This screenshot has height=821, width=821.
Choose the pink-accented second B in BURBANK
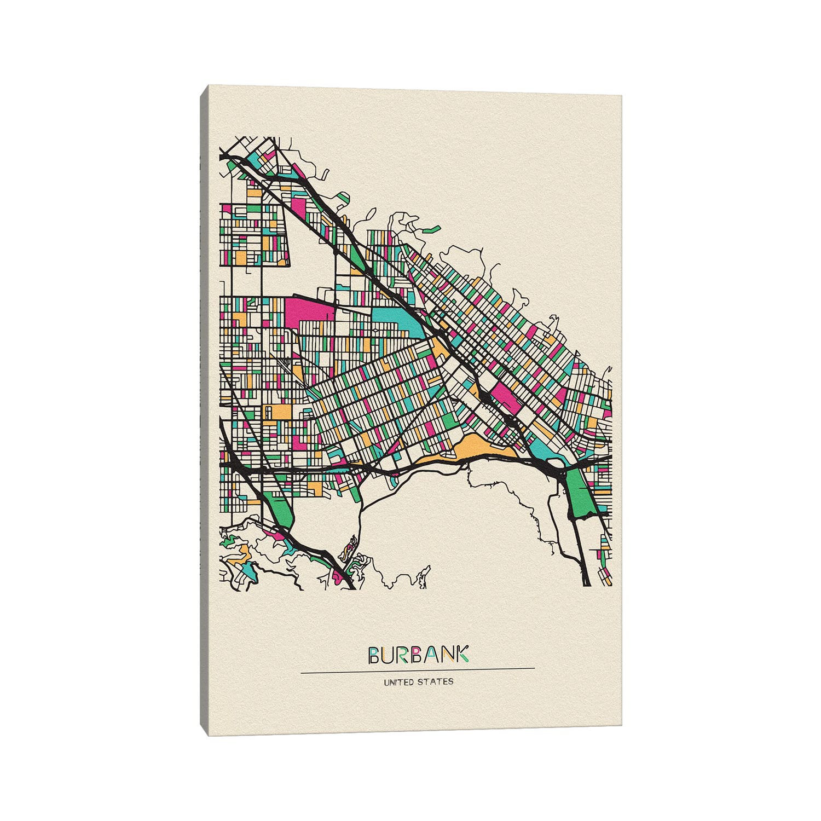click(x=418, y=655)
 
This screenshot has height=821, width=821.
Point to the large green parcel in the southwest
click(x=281, y=512)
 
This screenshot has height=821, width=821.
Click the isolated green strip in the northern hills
click(x=432, y=229)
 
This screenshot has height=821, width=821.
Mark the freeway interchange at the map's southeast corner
click(x=558, y=465)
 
